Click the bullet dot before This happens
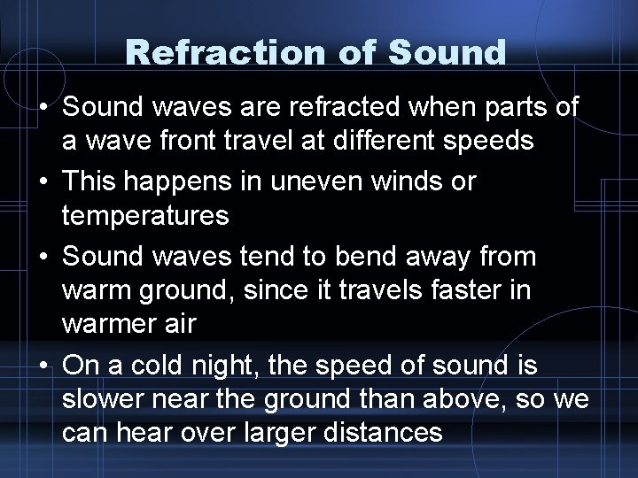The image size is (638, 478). tap(43, 181)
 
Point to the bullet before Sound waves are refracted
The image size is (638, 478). tap(43, 107)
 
